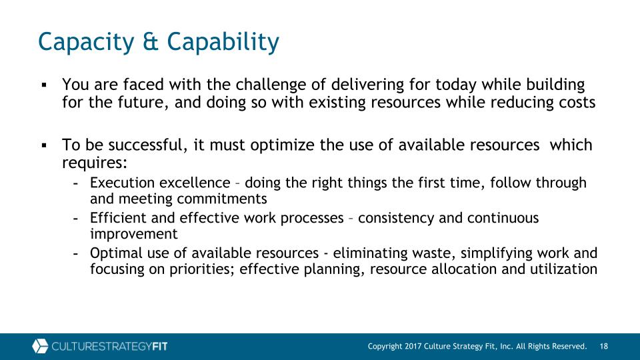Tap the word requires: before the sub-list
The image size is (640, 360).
click(x=95, y=163)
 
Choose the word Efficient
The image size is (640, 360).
click(x=118, y=217)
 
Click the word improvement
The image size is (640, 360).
click(x=134, y=234)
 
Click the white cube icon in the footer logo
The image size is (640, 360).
click(x=40, y=346)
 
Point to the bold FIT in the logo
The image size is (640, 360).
click(x=159, y=347)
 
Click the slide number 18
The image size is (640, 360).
click(x=604, y=347)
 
